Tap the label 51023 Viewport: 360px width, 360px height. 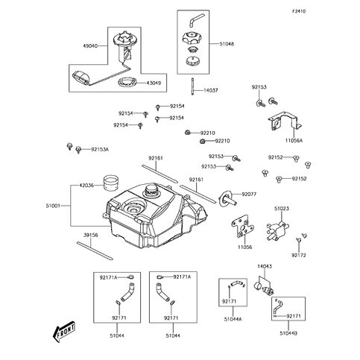tap(282, 209)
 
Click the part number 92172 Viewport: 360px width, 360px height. tap(298, 256)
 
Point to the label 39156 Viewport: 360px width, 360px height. tap(90, 234)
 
